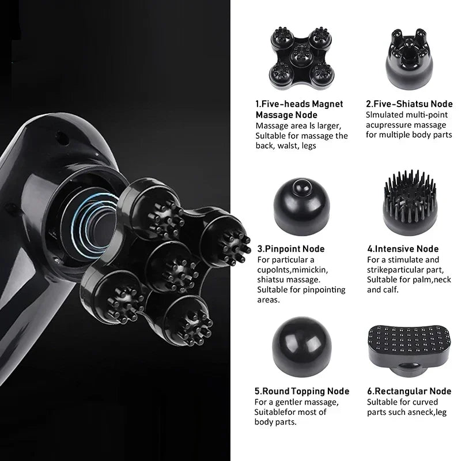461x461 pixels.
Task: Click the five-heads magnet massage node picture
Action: (300, 58)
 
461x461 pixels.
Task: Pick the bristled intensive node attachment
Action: (410, 202)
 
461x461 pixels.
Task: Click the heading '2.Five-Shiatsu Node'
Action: (409, 104)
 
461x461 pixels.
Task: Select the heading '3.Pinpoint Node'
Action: (291, 249)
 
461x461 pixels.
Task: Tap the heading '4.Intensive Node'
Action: (403, 249)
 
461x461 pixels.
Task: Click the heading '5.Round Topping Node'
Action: (302, 391)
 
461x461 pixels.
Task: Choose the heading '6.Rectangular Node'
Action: (409, 391)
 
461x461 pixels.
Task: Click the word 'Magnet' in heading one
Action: (327, 104)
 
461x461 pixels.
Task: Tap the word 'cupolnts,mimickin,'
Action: (293, 270)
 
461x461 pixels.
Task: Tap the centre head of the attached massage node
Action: (172, 267)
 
